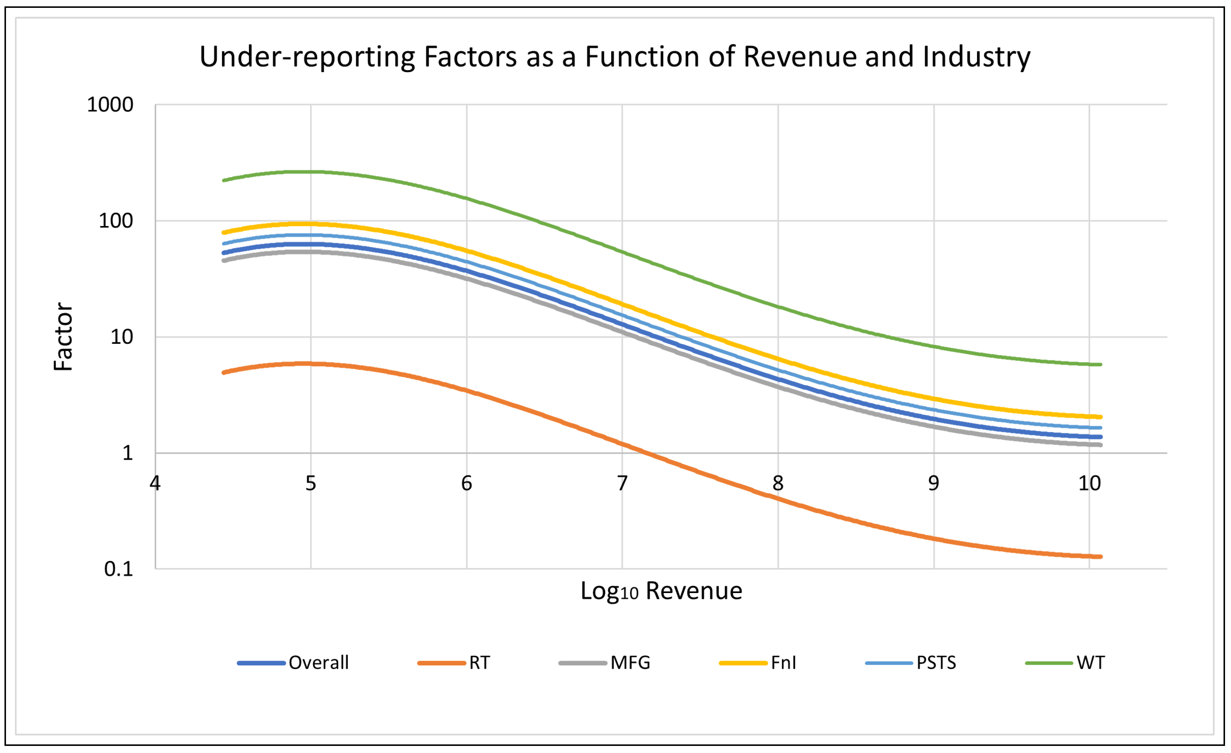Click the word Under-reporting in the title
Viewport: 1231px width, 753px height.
pos(307,57)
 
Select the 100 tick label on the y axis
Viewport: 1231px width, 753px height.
pos(116,221)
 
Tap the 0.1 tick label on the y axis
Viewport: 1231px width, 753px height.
pos(118,569)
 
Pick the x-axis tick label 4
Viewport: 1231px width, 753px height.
pos(155,484)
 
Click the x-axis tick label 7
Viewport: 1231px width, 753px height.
pos(622,484)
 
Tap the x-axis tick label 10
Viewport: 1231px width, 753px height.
pos(1089,484)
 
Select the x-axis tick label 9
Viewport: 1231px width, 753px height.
pos(933,484)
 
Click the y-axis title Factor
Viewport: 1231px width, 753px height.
pos(64,337)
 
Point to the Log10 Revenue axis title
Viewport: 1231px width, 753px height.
pos(661,592)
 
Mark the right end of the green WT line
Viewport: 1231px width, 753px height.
pos(1100,365)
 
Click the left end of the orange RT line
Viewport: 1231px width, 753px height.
pos(224,373)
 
